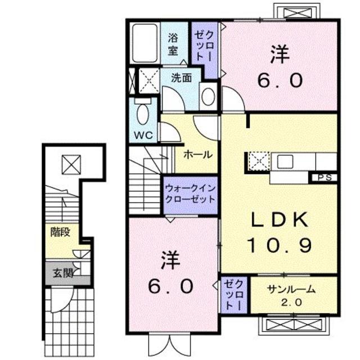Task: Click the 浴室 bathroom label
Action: click(173, 44)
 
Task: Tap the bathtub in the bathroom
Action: click(145, 44)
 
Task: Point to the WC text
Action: click(143, 136)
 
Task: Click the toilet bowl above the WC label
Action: click(143, 115)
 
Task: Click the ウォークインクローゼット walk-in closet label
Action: click(190, 193)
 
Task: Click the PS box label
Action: click(325, 178)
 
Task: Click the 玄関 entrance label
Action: click(63, 273)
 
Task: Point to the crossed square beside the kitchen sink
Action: click(259, 161)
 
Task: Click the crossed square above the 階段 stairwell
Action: click(71, 164)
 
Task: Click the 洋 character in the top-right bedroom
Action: click(280, 55)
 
